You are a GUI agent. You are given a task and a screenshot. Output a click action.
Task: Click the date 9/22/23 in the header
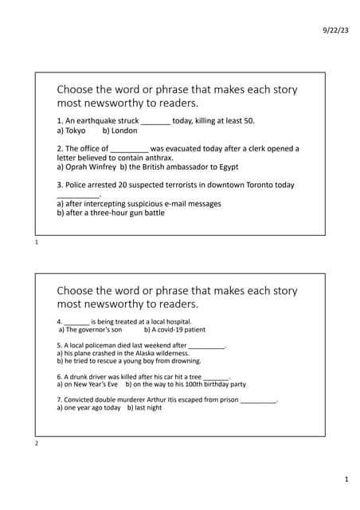tap(335, 29)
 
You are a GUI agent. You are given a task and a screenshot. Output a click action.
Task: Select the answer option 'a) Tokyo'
tap(71, 130)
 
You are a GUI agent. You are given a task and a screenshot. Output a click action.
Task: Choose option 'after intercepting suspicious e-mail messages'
tap(143, 204)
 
